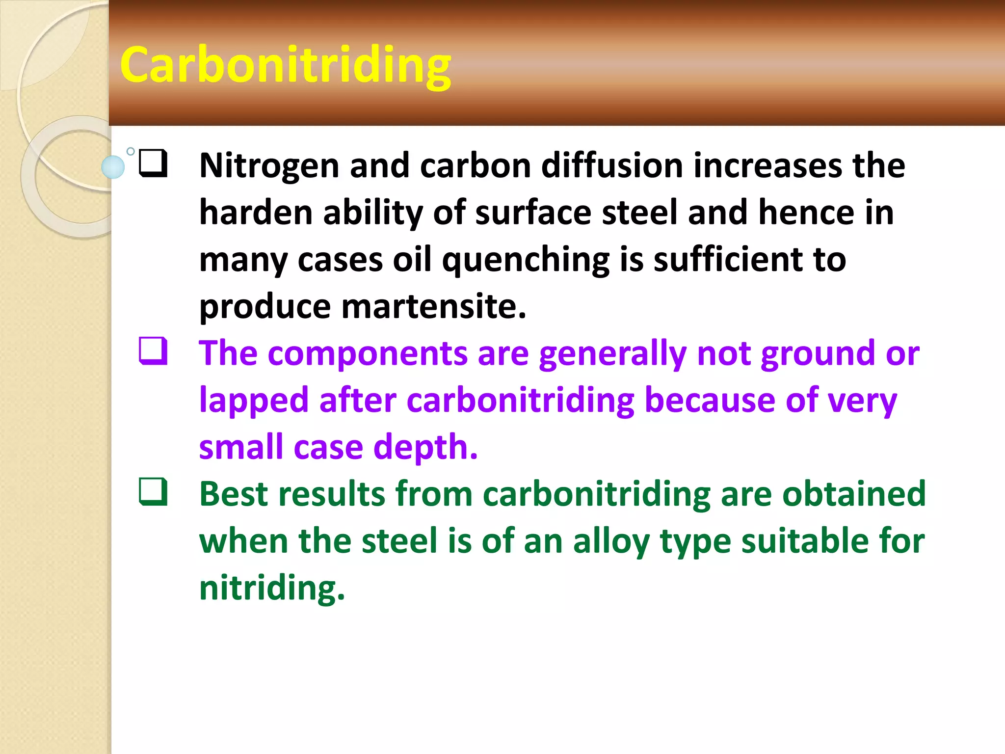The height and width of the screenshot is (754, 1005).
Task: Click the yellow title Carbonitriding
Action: [285, 65]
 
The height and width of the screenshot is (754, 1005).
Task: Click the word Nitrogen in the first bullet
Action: [269, 166]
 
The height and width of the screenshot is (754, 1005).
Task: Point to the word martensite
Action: [433, 306]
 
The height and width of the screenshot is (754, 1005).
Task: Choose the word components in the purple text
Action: [368, 353]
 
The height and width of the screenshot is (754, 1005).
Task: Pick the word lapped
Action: [254, 401]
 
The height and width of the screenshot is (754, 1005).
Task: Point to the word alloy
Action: [611, 541]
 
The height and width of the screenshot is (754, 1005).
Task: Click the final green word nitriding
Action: [272, 588]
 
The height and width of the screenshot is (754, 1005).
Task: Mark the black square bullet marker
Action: [153, 163]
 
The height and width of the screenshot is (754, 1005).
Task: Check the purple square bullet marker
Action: [153, 351]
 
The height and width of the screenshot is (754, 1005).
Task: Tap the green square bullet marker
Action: [153, 492]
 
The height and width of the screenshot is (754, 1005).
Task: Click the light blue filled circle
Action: [113, 166]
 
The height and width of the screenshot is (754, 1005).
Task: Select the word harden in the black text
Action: [256, 213]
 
